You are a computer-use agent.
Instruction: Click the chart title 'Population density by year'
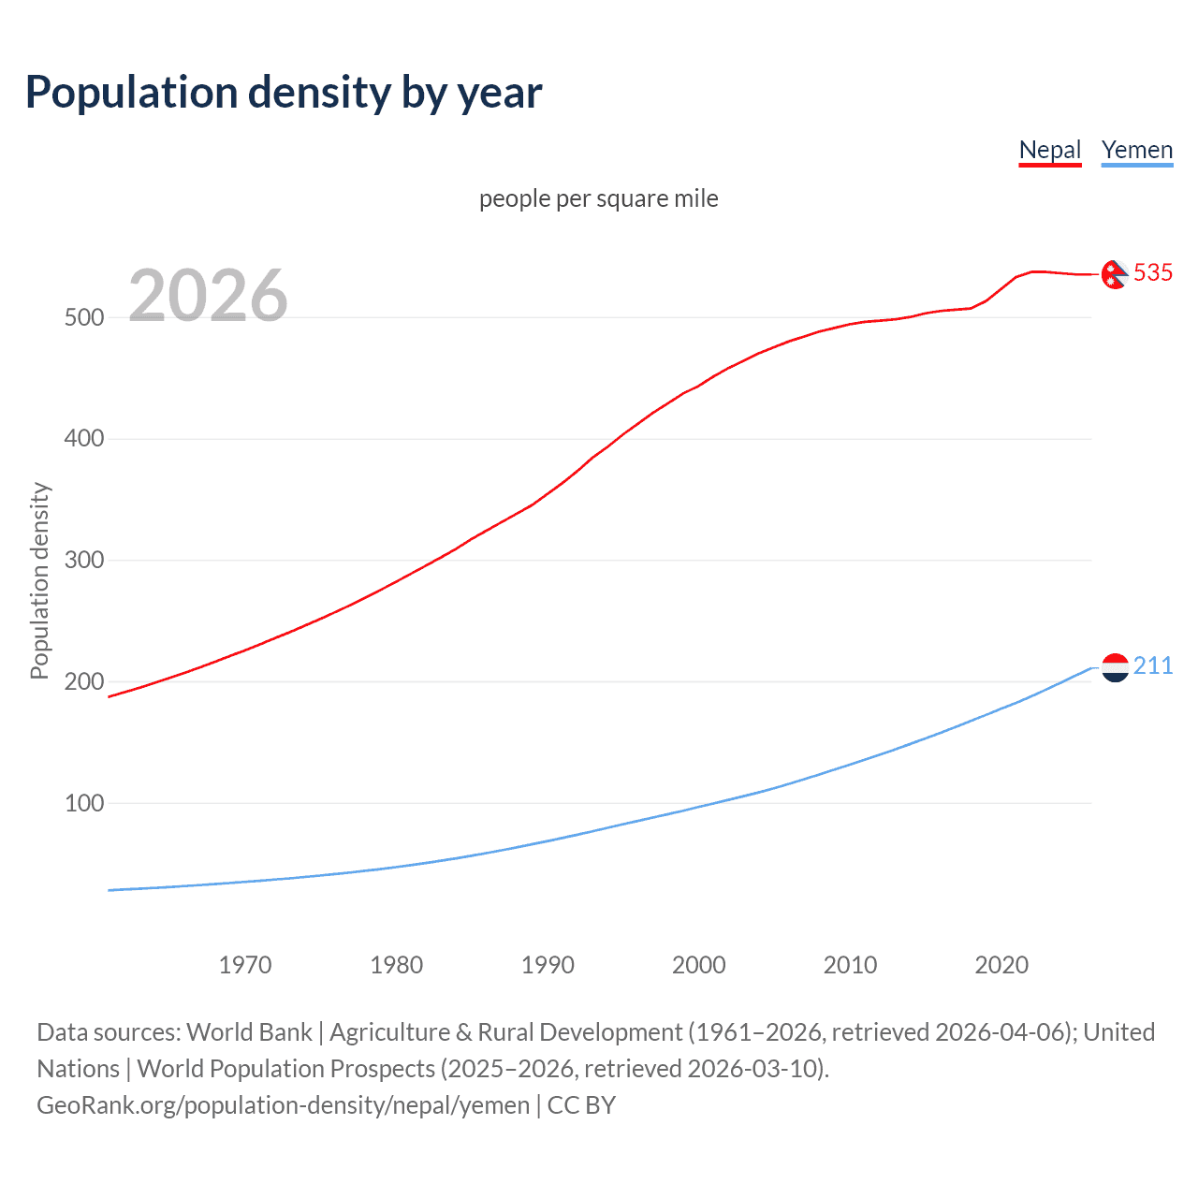tap(284, 93)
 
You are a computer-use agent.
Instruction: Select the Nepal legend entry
tap(1049, 150)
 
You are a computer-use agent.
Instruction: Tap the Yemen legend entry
tap(1136, 150)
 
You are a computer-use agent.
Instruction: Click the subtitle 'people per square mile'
tap(599, 198)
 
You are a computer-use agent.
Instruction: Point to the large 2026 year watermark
tap(208, 296)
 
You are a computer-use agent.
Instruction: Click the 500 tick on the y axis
tap(84, 317)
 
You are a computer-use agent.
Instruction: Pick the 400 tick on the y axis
tap(84, 438)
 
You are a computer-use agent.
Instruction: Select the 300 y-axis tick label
tap(84, 560)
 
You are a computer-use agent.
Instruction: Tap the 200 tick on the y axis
tap(84, 681)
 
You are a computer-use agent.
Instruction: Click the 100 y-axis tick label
tap(84, 803)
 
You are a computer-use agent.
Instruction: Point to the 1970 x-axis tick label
tap(245, 965)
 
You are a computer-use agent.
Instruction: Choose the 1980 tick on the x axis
tap(397, 965)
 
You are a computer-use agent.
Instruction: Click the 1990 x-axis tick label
tap(548, 965)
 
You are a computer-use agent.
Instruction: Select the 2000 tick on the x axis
tap(699, 965)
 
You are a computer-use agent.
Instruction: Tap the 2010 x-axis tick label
tap(850, 965)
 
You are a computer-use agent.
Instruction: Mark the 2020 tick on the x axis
tap(1001, 965)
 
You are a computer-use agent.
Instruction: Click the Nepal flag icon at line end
tap(1114, 274)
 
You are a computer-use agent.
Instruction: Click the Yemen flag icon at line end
tap(1115, 667)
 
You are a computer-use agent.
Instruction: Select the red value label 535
tap(1153, 272)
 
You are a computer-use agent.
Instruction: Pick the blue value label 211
tap(1153, 665)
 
